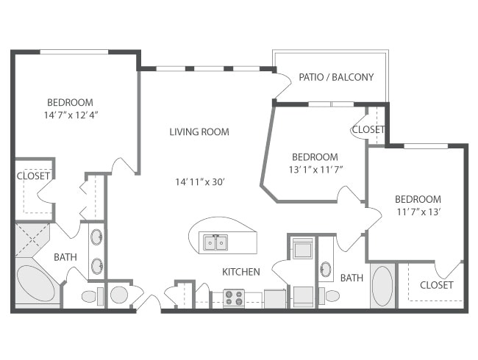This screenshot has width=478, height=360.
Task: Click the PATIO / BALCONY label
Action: [335, 77]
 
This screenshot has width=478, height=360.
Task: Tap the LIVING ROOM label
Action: [199, 132]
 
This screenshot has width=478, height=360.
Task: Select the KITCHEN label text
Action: [241, 272]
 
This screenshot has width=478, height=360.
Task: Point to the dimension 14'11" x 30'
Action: [199, 181]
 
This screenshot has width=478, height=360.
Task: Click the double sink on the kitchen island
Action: [215, 241]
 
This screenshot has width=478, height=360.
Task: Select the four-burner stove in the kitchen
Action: [234, 298]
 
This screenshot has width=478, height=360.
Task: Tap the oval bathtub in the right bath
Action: [382, 286]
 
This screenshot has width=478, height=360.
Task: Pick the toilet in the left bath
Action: [89, 297]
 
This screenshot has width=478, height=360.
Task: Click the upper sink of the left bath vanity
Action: [96, 237]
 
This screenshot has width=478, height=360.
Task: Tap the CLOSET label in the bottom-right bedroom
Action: [437, 285]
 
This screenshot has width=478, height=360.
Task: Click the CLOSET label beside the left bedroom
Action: [34, 176]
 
